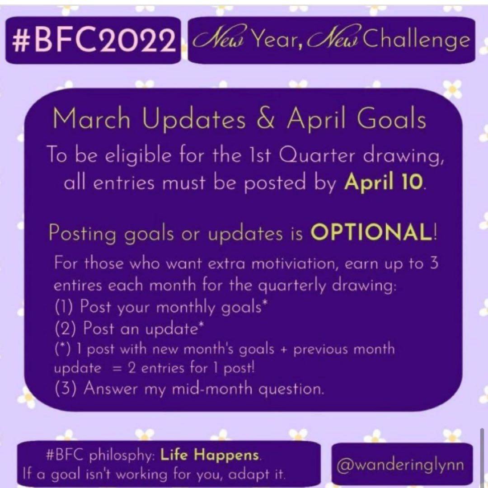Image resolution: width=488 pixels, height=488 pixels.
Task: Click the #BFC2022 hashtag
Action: (93, 41)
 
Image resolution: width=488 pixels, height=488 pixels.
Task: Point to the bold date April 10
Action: (384, 182)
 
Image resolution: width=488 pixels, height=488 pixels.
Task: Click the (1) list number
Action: (64, 307)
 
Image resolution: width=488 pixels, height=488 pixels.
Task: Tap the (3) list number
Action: (66, 389)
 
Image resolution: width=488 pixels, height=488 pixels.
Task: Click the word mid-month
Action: (212, 389)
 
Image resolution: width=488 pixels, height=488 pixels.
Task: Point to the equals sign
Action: (116, 369)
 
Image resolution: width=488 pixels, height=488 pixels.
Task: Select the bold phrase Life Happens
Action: (210, 455)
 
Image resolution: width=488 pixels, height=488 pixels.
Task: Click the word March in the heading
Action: (91, 119)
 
